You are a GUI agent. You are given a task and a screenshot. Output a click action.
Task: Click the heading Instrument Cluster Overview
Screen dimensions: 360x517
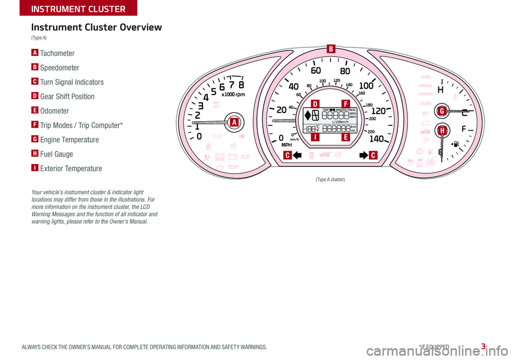click(96, 27)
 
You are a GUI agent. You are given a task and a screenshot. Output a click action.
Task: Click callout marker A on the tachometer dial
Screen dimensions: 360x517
click(234, 123)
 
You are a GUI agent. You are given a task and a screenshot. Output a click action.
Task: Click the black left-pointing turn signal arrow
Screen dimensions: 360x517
click(297, 156)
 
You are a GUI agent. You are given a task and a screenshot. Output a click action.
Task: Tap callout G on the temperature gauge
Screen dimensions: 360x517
click(442, 111)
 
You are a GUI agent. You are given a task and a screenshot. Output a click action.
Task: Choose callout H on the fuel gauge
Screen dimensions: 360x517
click(442, 131)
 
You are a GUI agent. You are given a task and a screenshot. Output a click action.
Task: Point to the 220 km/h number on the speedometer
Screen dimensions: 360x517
click(371, 131)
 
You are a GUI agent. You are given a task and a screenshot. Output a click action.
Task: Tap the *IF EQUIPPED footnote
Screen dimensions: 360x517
click(436, 348)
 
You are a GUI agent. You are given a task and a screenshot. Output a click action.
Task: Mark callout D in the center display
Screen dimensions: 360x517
click(315, 103)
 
